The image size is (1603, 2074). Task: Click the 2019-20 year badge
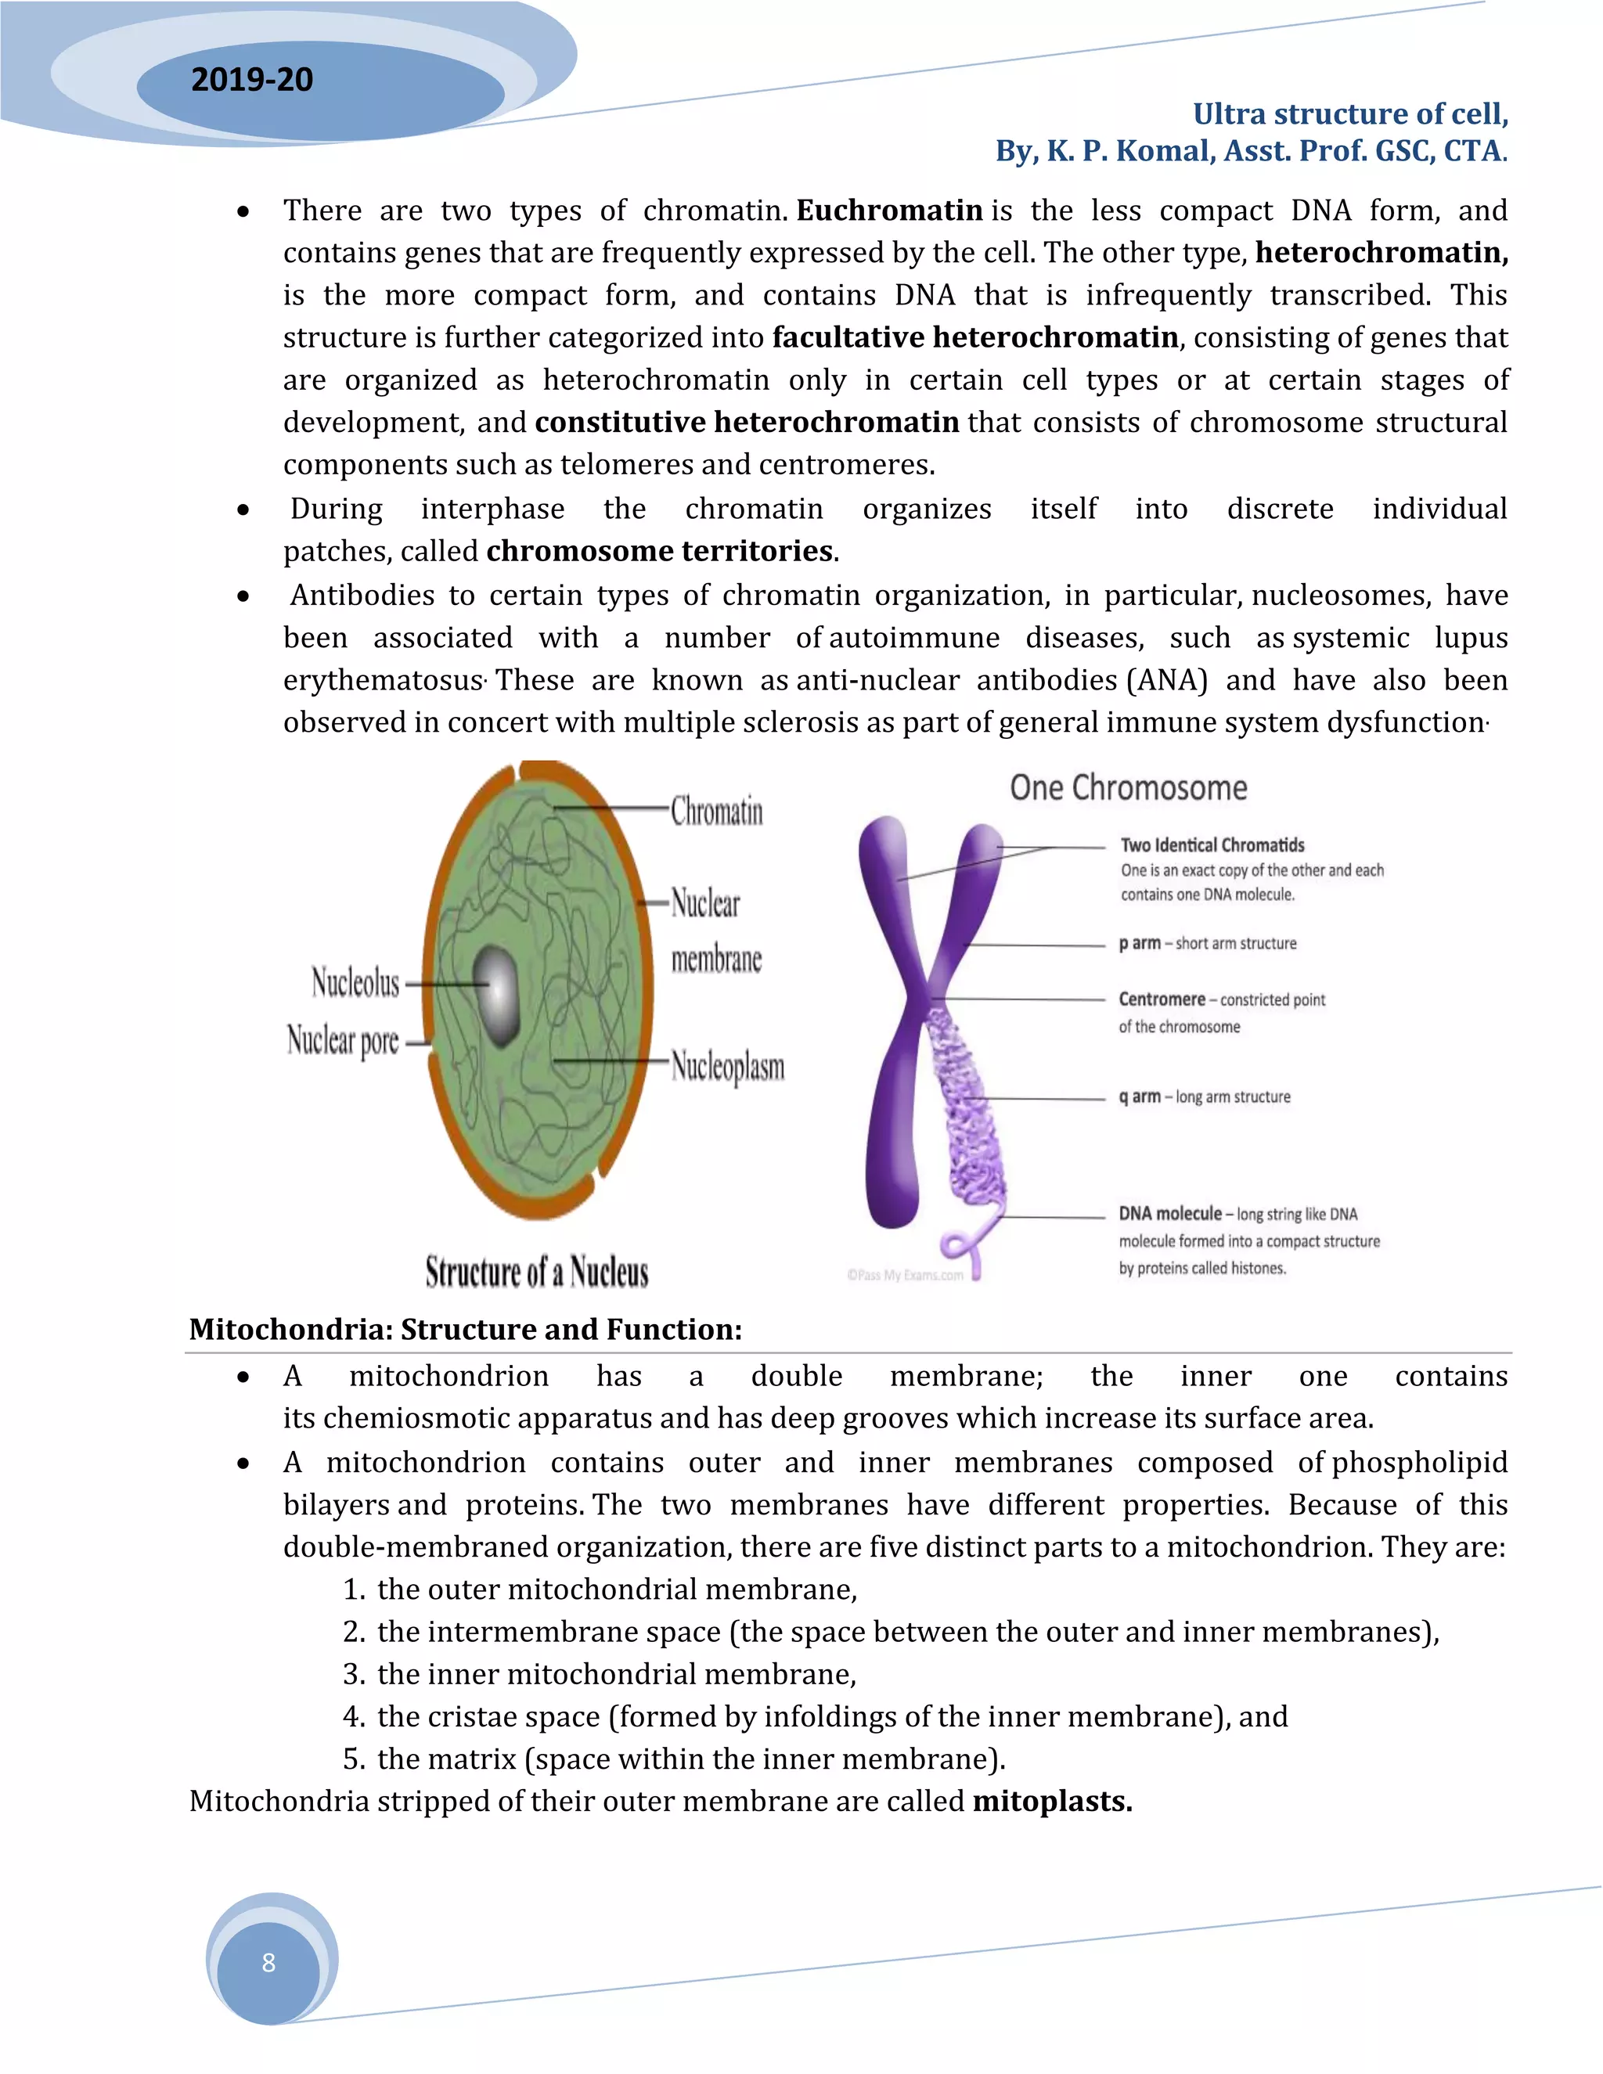pos(253,80)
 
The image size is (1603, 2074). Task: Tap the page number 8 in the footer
pos(268,1963)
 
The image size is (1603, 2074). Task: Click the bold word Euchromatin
pos(889,210)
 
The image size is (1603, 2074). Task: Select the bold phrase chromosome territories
pos(661,551)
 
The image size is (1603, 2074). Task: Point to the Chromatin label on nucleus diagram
pos(717,811)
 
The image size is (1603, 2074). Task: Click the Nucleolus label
pos(355,983)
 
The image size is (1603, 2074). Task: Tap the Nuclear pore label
pos(343,1041)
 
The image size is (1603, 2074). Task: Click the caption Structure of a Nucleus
pos(536,1272)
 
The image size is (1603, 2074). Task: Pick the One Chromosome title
pos(1128,787)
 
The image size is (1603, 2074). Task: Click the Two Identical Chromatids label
pos(1212,845)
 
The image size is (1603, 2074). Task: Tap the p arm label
pos(1140,943)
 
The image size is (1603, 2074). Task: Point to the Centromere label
pos(1162,999)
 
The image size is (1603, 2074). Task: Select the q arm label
pos(1140,1096)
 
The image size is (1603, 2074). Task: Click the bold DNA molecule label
pos(1170,1214)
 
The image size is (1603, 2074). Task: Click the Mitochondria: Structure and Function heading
pos(466,1330)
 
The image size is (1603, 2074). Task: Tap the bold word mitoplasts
pos(1052,1802)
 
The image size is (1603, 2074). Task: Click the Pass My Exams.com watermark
pos(905,1276)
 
